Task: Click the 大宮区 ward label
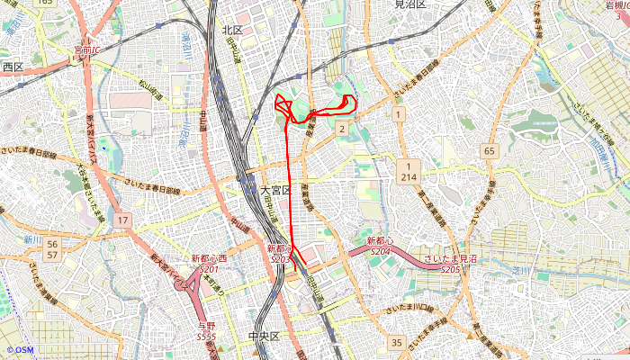(x=276, y=191)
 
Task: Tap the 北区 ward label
(x=233, y=30)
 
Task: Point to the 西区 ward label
(x=13, y=67)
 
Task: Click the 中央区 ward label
(x=264, y=337)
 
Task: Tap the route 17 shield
(x=123, y=220)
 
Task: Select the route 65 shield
(x=489, y=151)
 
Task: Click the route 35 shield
(x=397, y=342)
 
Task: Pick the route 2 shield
(x=342, y=130)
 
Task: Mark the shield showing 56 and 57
(x=53, y=249)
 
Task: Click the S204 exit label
(x=380, y=247)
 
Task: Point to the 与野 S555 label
(x=206, y=330)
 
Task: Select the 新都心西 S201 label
(x=209, y=264)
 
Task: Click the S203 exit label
(x=279, y=253)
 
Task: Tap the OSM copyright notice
(x=19, y=349)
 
